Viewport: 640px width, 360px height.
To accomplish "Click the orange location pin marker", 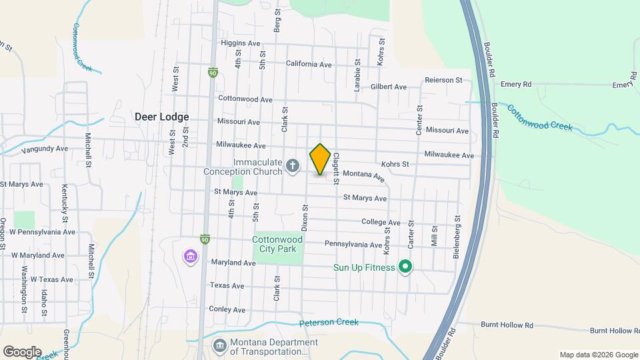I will coord(320,159).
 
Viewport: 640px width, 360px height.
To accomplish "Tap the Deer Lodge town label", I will coord(162,117).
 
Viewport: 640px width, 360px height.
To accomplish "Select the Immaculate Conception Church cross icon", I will coord(292,165).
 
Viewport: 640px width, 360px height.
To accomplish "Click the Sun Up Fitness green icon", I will coord(405,268).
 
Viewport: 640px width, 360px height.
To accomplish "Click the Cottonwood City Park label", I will coord(277,245).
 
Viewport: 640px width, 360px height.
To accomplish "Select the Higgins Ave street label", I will coord(241,43).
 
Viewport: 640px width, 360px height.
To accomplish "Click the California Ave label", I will coord(309,65).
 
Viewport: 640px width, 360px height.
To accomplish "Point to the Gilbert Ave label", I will coord(389,87).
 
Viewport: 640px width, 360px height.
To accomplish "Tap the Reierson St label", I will coord(443,80).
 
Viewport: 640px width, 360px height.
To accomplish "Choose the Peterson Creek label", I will coord(329,323).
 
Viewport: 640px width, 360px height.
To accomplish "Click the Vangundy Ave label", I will coord(45,150).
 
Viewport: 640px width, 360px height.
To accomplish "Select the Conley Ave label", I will coord(227,309).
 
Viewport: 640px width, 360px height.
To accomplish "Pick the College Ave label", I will coord(381,222).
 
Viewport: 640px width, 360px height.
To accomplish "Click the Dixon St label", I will coord(304,218).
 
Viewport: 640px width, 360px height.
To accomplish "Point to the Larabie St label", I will coord(357,75).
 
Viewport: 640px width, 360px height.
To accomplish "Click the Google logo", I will coord(22,352).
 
